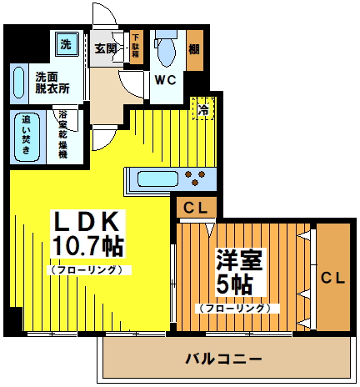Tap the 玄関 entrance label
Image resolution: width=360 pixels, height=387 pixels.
pos(104,48)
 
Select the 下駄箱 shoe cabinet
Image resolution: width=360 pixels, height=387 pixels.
pos(136,44)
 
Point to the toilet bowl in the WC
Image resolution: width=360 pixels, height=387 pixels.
pos(165,52)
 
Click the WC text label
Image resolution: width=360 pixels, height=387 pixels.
pos(164,82)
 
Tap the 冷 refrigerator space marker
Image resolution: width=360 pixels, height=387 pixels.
pos(201,108)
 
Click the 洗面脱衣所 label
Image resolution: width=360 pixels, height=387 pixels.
pos(52,82)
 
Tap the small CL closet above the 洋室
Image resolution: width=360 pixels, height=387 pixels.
pos(197,208)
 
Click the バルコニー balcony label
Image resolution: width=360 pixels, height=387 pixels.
pos(224,359)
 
